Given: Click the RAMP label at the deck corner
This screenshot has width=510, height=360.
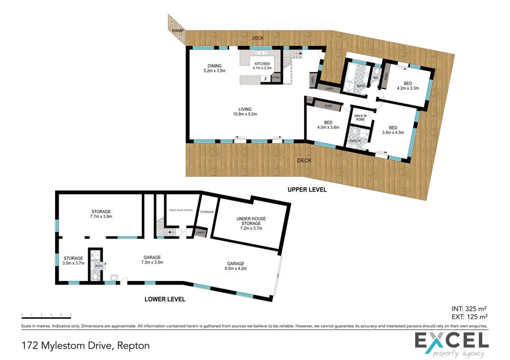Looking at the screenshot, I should (x=177, y=31).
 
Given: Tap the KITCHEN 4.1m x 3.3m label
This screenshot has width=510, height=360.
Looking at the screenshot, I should (x=263, y=66).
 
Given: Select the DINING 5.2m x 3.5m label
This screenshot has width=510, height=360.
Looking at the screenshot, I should (x=214, y=68).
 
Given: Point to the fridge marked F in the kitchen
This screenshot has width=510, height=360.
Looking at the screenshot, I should (x=265, y=79).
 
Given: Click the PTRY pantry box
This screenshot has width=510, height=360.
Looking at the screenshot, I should (x=276, y=78).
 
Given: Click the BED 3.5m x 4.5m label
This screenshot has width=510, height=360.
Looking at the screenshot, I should (x=393, y=130).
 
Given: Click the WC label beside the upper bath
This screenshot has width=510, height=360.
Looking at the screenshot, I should (x=375, y=78).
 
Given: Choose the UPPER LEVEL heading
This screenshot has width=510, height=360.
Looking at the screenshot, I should (x=307, y=190).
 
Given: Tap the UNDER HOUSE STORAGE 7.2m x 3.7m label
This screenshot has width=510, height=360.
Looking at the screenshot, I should (x=250, y=223).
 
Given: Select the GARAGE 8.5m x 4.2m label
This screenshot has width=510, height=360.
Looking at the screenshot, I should (x=236, y=266).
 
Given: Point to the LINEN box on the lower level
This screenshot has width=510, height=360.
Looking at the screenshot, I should (x=200, y=233).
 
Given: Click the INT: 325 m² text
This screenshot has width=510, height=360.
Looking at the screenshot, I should (x=469, y=308).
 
